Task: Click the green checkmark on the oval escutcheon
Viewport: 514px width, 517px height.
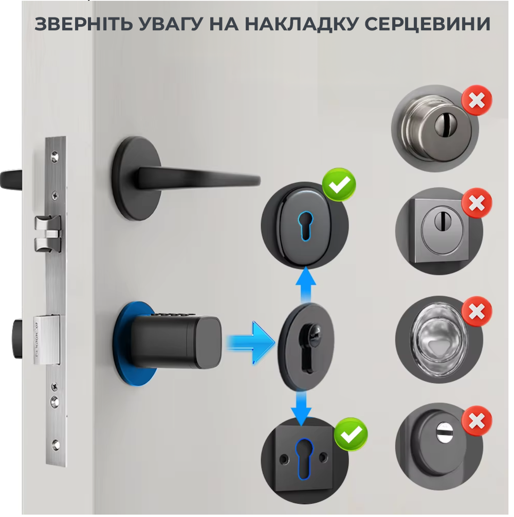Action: pos(339,184)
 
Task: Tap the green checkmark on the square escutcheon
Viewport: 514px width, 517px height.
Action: pos(351,434)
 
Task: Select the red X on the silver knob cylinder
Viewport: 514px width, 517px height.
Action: pos(476,100)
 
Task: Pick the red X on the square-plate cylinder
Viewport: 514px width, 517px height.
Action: pos(476,203)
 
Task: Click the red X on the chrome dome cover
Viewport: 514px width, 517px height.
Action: pos(476,311)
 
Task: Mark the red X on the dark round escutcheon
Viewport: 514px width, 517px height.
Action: pos(476,420)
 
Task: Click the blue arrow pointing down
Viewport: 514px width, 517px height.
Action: pos(301,408)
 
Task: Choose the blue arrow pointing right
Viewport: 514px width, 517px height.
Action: pos(251,342)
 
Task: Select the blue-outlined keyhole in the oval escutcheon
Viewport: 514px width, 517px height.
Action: pos(305,225)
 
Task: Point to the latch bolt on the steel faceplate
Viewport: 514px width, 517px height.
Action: pos(48,234)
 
